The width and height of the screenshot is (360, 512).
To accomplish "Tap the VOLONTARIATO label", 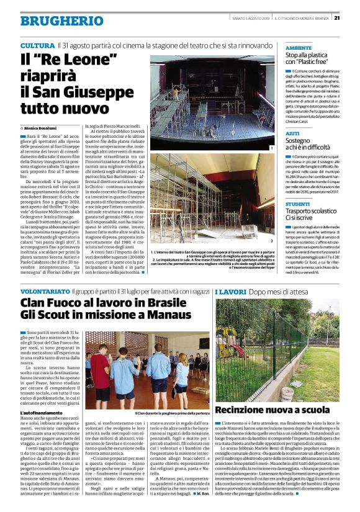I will pyautogui.click(x=45, y=291).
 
